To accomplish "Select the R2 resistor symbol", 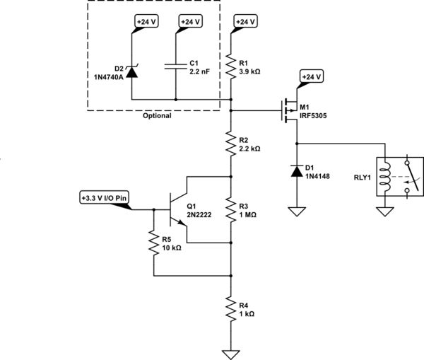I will [x=231, y=145].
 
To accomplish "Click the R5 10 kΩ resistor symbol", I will [x=153, y=244].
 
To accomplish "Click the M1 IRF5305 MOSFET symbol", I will [x=289, y=110].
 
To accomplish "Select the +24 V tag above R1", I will [x=244, y=21].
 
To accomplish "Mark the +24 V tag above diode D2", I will [x=144, y=21].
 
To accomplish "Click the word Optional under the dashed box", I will [x=158, y=116].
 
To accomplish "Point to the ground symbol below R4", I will [x=231, y=352].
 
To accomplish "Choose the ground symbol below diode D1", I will [x=296, y=210].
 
